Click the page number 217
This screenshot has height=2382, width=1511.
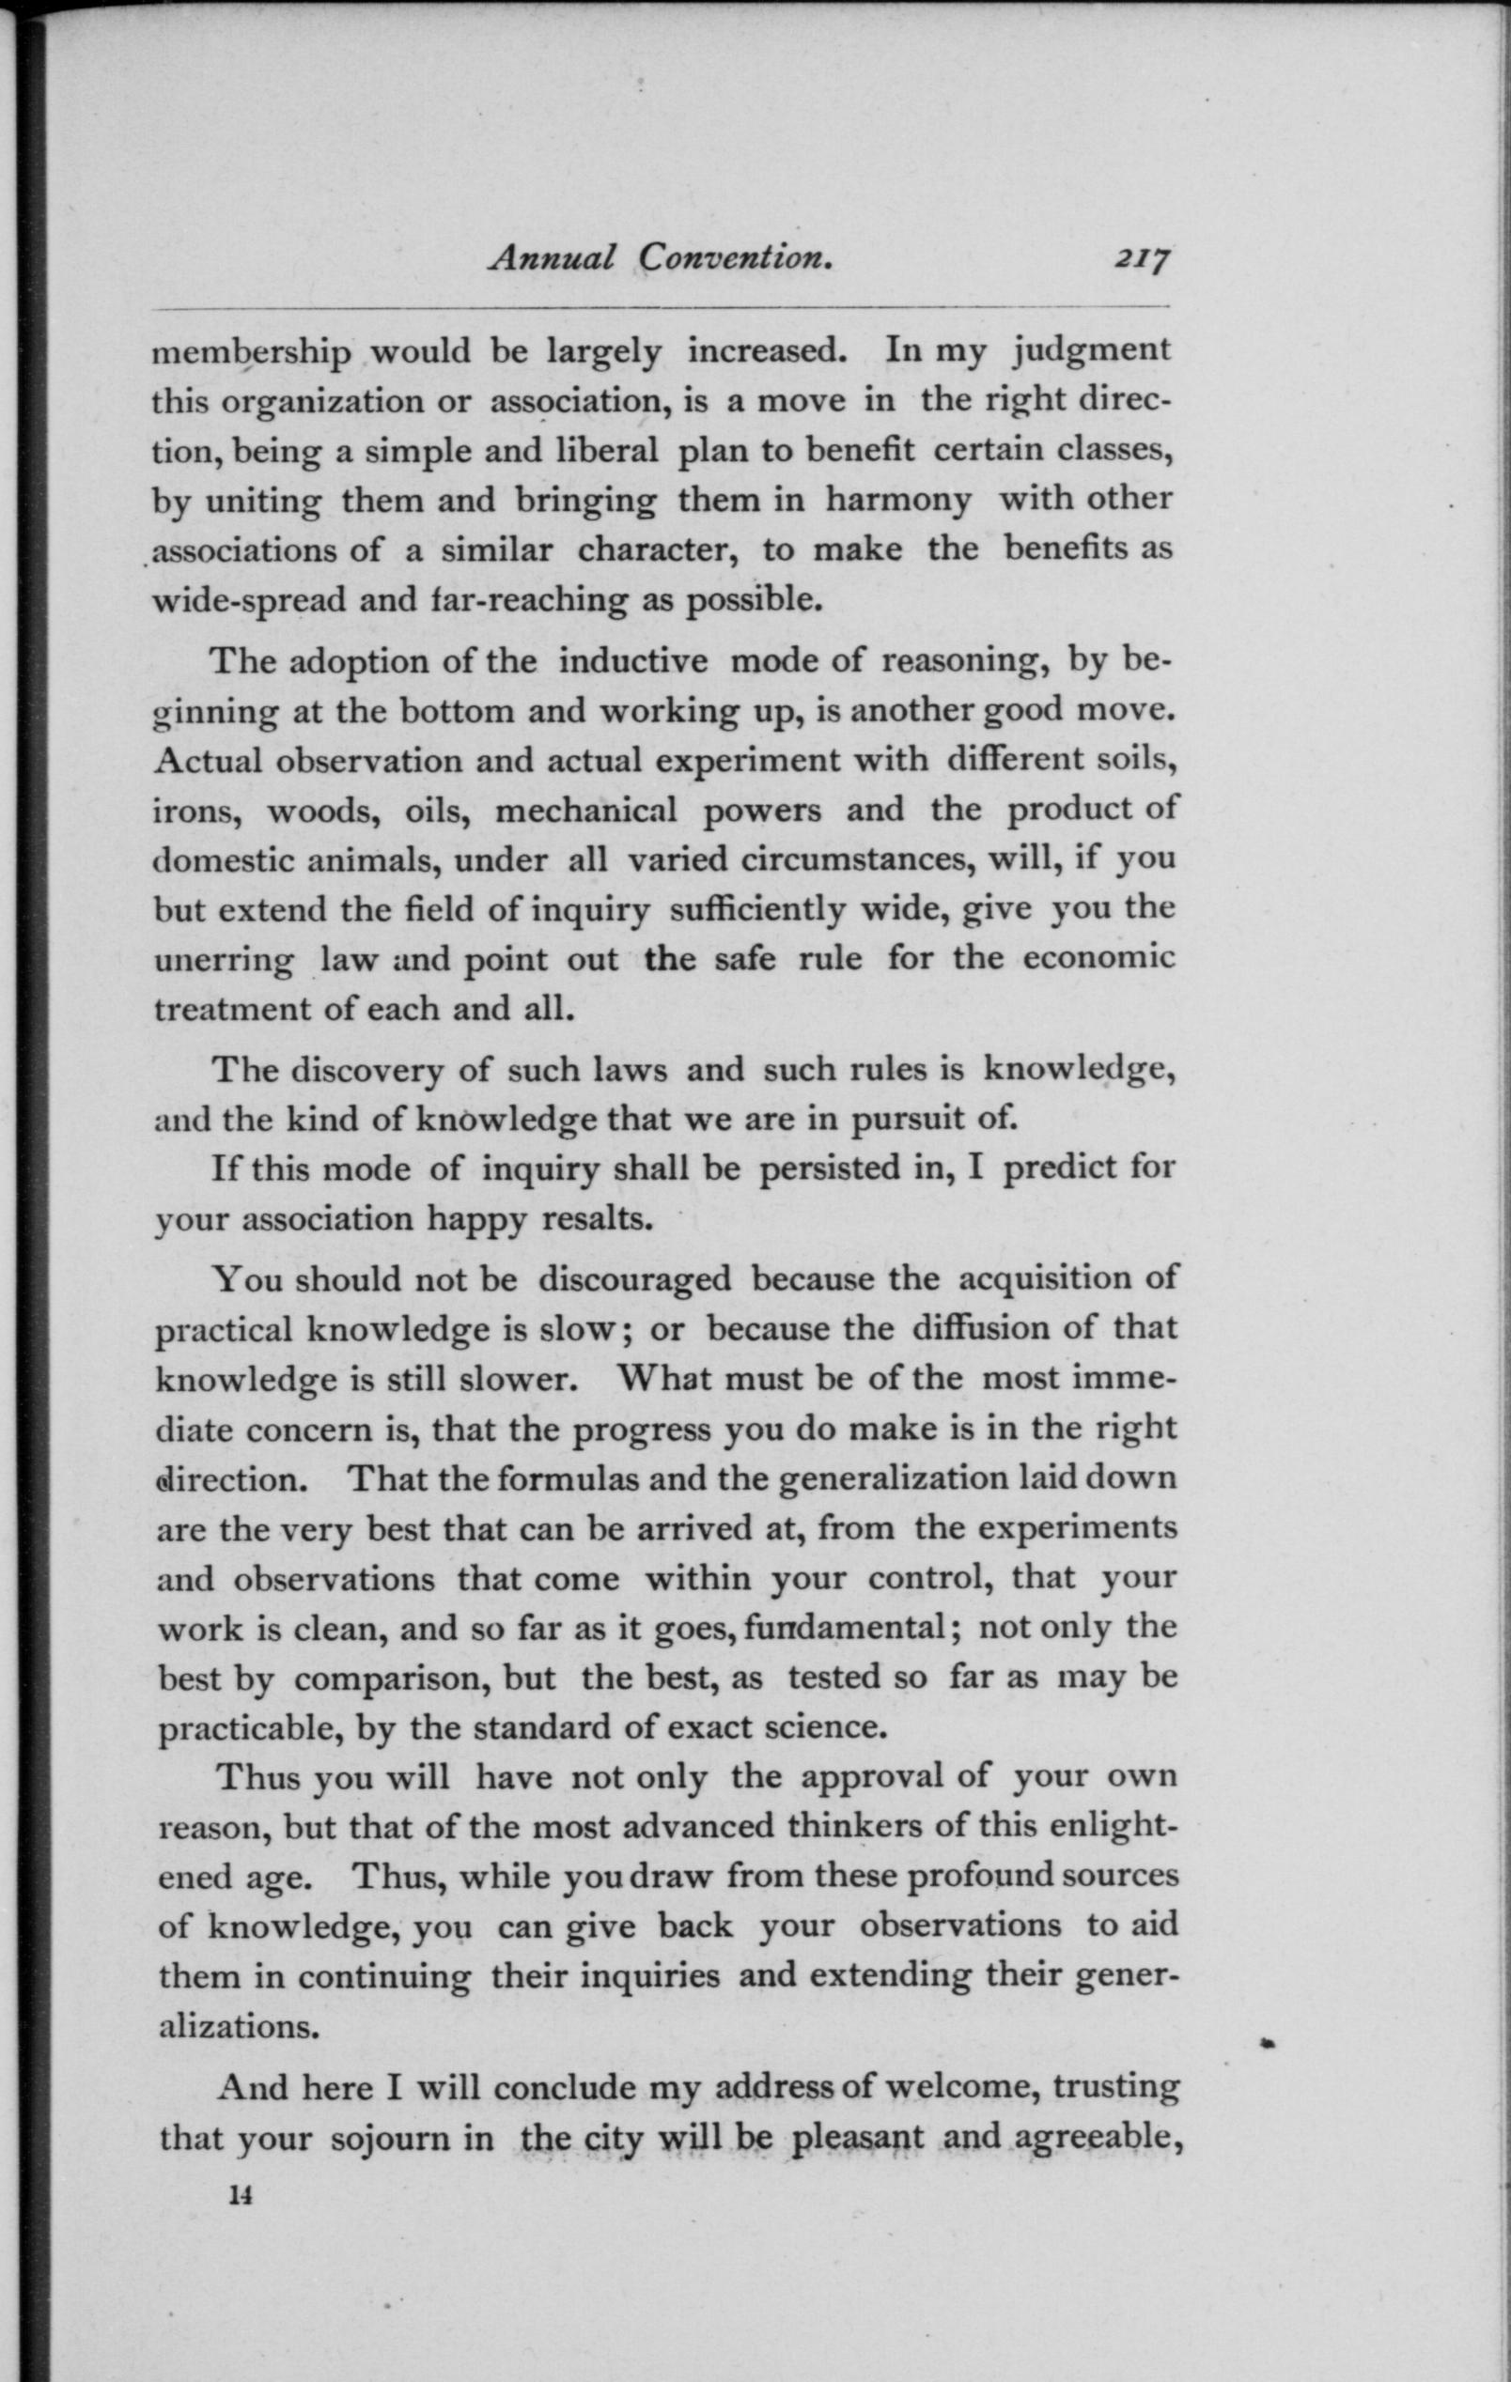pyautogui.click(x=1142, y=259)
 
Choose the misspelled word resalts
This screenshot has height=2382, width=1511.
pyautogui.click(x=597, y=1218)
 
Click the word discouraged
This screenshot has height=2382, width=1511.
pyautogui.click(x=634, y=1279)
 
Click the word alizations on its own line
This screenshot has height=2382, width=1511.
pyautogui.click(x=239, y=2027)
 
